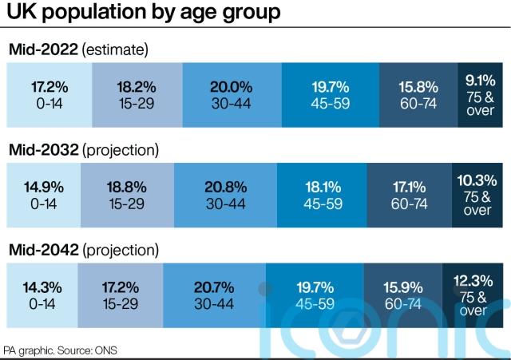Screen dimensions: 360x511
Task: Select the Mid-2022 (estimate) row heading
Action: pyautogui.click(x=78, y=50)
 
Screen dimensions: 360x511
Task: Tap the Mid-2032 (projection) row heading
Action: pyautogui.click(x=84, y=149)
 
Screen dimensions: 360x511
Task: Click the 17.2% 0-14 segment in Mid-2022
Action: pyautogui.click(x=49, y=93)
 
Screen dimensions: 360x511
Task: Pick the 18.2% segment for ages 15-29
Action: pyautogui.click(x=137, y=93)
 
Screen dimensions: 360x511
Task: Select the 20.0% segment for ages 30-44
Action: pyautogui.click(x=232, y=93)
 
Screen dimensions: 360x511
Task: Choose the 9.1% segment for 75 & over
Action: pyautogui.click(x=479, y=93)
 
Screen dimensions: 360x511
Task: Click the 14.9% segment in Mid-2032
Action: pyautogui.click(x=43, y=193)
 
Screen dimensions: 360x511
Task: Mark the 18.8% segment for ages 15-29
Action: pyautogui.click(x=126, y=193)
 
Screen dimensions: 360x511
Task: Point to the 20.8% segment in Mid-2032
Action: pyautogui.click(x=225, y=193)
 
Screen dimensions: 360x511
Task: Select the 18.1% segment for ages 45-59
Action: pyautogui.click(x=322, y=193)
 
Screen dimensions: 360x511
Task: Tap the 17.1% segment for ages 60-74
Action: pyautogui.click(x=410, y=193)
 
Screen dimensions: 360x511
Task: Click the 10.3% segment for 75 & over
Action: pyautogui.click(x=477, y=193)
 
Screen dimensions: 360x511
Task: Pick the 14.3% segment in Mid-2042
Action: pyautogui.click(x=42, y=293)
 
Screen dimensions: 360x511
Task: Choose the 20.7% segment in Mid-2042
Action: pyautogui.click(x=214, y=293)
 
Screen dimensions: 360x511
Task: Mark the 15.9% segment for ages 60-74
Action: pyautogui.click(x=402, y=293)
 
